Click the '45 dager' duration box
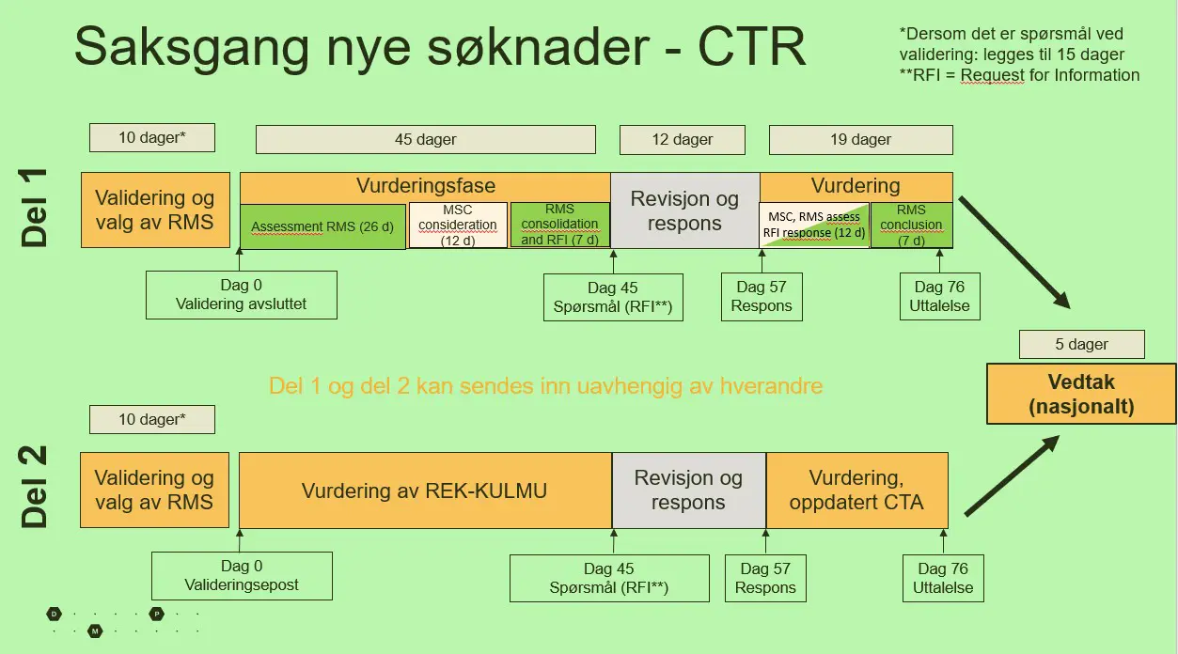click(426, 139)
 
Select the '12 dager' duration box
click(683, 139)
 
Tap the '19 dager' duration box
click(861, 139)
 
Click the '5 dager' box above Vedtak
click(1082, 344)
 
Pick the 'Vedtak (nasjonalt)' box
click(1081, 394)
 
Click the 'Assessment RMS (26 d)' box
click(322, 226)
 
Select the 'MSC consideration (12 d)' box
click(458, 225)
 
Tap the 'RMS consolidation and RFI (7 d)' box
click(559, 225)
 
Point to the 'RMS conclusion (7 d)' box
click(911, 225)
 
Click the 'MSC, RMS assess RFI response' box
click(814, 225)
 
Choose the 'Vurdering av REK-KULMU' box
click(425, 490)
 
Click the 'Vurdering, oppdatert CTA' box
click(856, 490)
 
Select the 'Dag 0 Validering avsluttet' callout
click(242, 295)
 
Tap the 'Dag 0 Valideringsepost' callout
click(242, 576)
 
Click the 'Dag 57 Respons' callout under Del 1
click(762, 297)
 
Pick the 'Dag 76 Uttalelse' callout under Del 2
click(943, 578)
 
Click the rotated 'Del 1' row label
click(34, 208)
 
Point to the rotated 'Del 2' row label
click(34, 487)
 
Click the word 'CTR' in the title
click(752, 47)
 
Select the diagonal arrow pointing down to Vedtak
click(1014, 253)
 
